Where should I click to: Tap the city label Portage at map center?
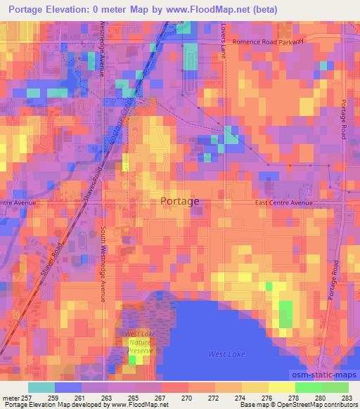(x=179, y=201)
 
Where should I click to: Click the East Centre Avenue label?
(x=283, y=203)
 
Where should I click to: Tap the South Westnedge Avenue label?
(x=103, y=264)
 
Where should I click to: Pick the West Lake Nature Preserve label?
(x=141, y=340)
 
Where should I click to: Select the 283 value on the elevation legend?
(x=347, y=398)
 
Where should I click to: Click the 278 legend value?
(x=295, y=398)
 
